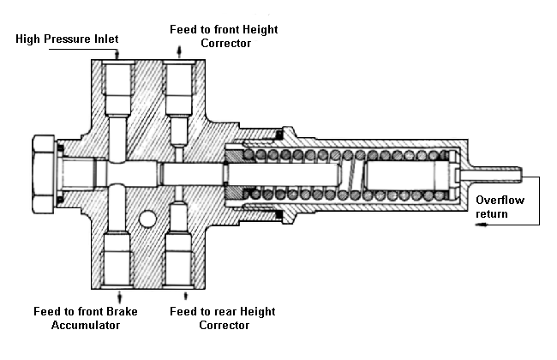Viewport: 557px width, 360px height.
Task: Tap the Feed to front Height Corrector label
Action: coord(225,36)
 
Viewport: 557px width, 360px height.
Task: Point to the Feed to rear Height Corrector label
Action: coord(223,318)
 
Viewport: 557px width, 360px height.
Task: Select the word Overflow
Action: coord(498,200)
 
